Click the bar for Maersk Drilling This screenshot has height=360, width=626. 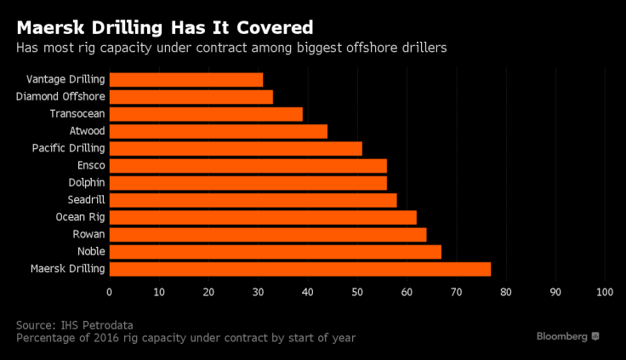point(300,269)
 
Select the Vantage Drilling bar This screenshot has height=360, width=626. point(186,80)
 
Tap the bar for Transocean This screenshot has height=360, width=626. point(206,114)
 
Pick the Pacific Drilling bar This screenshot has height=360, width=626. point(236,149)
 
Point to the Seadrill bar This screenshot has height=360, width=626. point(253,200)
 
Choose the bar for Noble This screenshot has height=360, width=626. point(275,252)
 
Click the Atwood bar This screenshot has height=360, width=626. point(218,131)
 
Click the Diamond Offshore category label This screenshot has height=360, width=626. point(60,97)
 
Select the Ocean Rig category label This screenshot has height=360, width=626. point(80,217)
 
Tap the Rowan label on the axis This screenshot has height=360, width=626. point(90,234)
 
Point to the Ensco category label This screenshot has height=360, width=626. point(91,165)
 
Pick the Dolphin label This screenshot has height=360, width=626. point(87,183)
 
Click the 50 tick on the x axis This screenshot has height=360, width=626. point(357,292)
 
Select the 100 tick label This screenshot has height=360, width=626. point(605,292)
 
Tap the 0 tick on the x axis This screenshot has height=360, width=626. point(109,292)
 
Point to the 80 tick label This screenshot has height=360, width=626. point(506,292)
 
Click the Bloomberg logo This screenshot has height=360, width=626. point(568,336)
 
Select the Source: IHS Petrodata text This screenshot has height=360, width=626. point(74,324)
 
